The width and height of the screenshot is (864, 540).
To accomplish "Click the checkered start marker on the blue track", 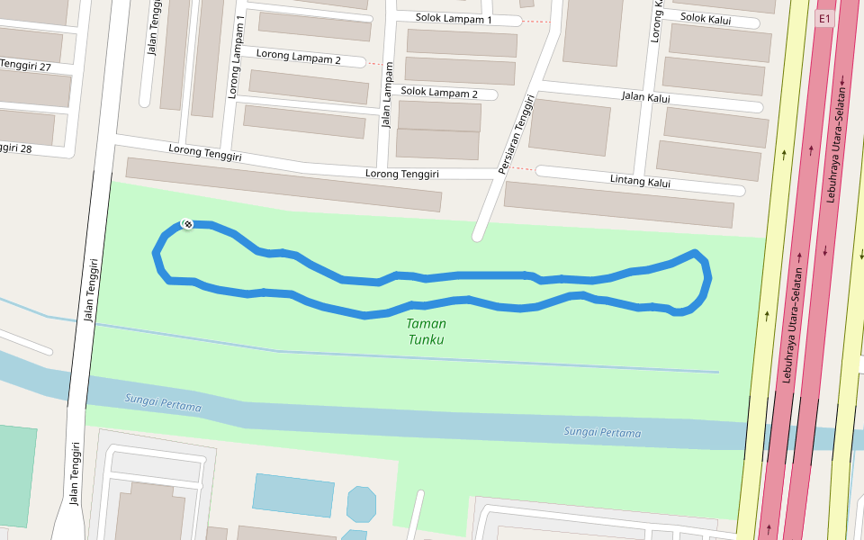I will pos(187,224).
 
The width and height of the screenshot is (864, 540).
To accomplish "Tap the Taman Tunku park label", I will pos(426,331).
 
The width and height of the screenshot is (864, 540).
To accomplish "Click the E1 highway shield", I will pos(823,18).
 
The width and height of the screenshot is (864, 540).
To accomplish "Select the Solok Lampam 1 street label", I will pos(454,19).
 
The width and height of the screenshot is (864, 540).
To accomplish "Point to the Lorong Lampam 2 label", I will pos(298,57).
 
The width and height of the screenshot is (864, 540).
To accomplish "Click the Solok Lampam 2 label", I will pos(439,92).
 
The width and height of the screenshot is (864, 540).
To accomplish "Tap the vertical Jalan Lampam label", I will pos(388,94).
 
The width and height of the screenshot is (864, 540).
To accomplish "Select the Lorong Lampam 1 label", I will pos(236,56).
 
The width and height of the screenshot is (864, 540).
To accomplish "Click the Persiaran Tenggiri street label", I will pos(517,135).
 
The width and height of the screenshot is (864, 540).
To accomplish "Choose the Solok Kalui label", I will pos(706,19).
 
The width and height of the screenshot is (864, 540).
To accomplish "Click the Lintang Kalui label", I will pos(640,182).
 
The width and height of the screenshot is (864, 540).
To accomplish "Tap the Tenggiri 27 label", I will pos(25,65).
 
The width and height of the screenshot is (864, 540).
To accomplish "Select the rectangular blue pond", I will pos(293,495).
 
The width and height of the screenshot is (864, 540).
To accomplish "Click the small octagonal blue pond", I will pos(361,504).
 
